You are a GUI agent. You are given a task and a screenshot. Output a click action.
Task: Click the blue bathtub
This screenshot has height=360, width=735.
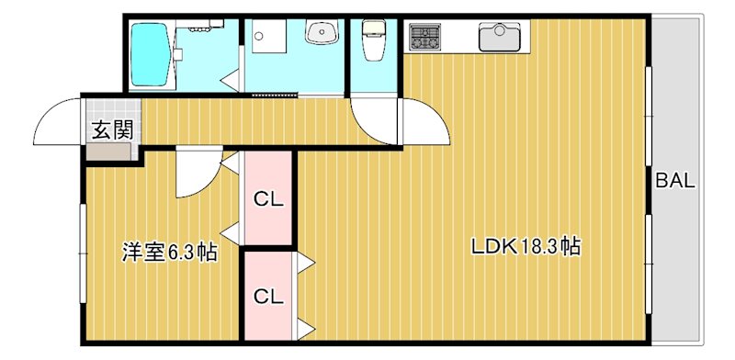pos(149,55)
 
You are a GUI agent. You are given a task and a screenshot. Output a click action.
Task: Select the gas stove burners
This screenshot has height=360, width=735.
pos(424,37)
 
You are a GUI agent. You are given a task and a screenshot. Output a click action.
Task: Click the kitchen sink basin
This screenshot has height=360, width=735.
pos(500,37)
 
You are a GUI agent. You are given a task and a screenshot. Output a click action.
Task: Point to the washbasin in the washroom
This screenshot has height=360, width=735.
pos(322,31)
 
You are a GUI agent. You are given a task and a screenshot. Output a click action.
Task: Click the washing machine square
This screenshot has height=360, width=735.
pos(268,36)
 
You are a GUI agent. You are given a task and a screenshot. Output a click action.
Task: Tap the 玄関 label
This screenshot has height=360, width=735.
pos(111,129)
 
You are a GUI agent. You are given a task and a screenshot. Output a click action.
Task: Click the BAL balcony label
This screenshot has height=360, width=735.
pos(674,181)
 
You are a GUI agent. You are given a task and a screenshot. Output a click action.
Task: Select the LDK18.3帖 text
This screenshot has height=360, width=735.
pos(526,246)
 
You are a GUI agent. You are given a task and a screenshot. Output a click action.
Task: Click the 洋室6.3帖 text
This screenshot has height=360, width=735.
pos(169,252)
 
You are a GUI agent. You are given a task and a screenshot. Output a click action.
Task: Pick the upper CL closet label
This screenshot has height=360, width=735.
pos(268,199)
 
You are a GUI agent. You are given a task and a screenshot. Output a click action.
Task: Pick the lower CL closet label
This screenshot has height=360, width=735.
pos(268,297)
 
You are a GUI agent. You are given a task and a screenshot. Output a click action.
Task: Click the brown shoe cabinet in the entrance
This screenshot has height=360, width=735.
pos(108,152)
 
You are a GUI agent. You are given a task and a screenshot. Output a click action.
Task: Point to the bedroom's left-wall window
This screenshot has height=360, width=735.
pos(83,253)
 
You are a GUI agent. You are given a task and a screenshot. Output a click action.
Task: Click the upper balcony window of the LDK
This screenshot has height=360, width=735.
pos(649,116)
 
